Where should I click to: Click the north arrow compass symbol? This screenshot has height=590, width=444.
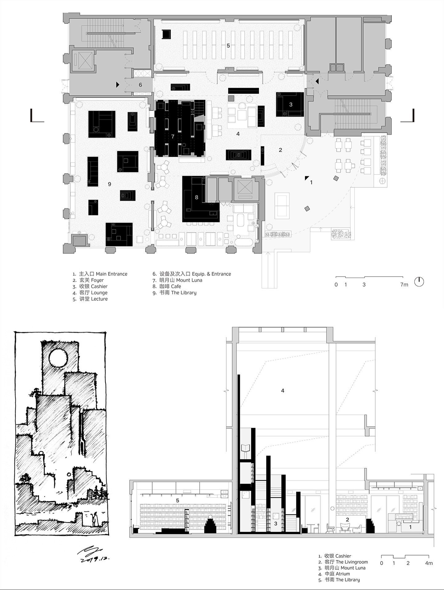click(x=419, y=281)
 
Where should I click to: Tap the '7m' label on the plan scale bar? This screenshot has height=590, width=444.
click(x=404, y=285)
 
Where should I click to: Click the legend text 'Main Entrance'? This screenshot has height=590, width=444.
click(x=111, y=274)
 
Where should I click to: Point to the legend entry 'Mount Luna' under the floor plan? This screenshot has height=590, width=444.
click(x=189, y=280)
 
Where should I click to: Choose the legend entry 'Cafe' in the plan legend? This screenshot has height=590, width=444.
click(x=176, y=286)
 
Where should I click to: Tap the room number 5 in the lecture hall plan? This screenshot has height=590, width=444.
click(x=228, y=46)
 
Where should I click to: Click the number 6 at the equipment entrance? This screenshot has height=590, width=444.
click(x=140, y=85)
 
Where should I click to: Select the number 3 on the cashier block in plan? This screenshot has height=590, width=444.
click(x=290, y=104)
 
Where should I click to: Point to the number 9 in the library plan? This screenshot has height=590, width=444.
click(x=109, y=184)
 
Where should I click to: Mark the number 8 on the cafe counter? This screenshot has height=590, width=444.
click(x=196, y=197)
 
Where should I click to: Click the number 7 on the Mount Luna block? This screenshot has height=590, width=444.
click(x=173, y=137)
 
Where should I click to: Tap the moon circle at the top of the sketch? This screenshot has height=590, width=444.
click(x=58, y=358)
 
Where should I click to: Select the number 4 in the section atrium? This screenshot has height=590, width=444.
click(x=283, y=391)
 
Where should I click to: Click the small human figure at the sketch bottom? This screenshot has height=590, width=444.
click(x=95, y=518)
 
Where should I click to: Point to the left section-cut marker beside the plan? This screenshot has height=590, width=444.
click(x=37, y=116)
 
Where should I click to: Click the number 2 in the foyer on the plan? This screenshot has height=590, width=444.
click(x=280, y=150)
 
